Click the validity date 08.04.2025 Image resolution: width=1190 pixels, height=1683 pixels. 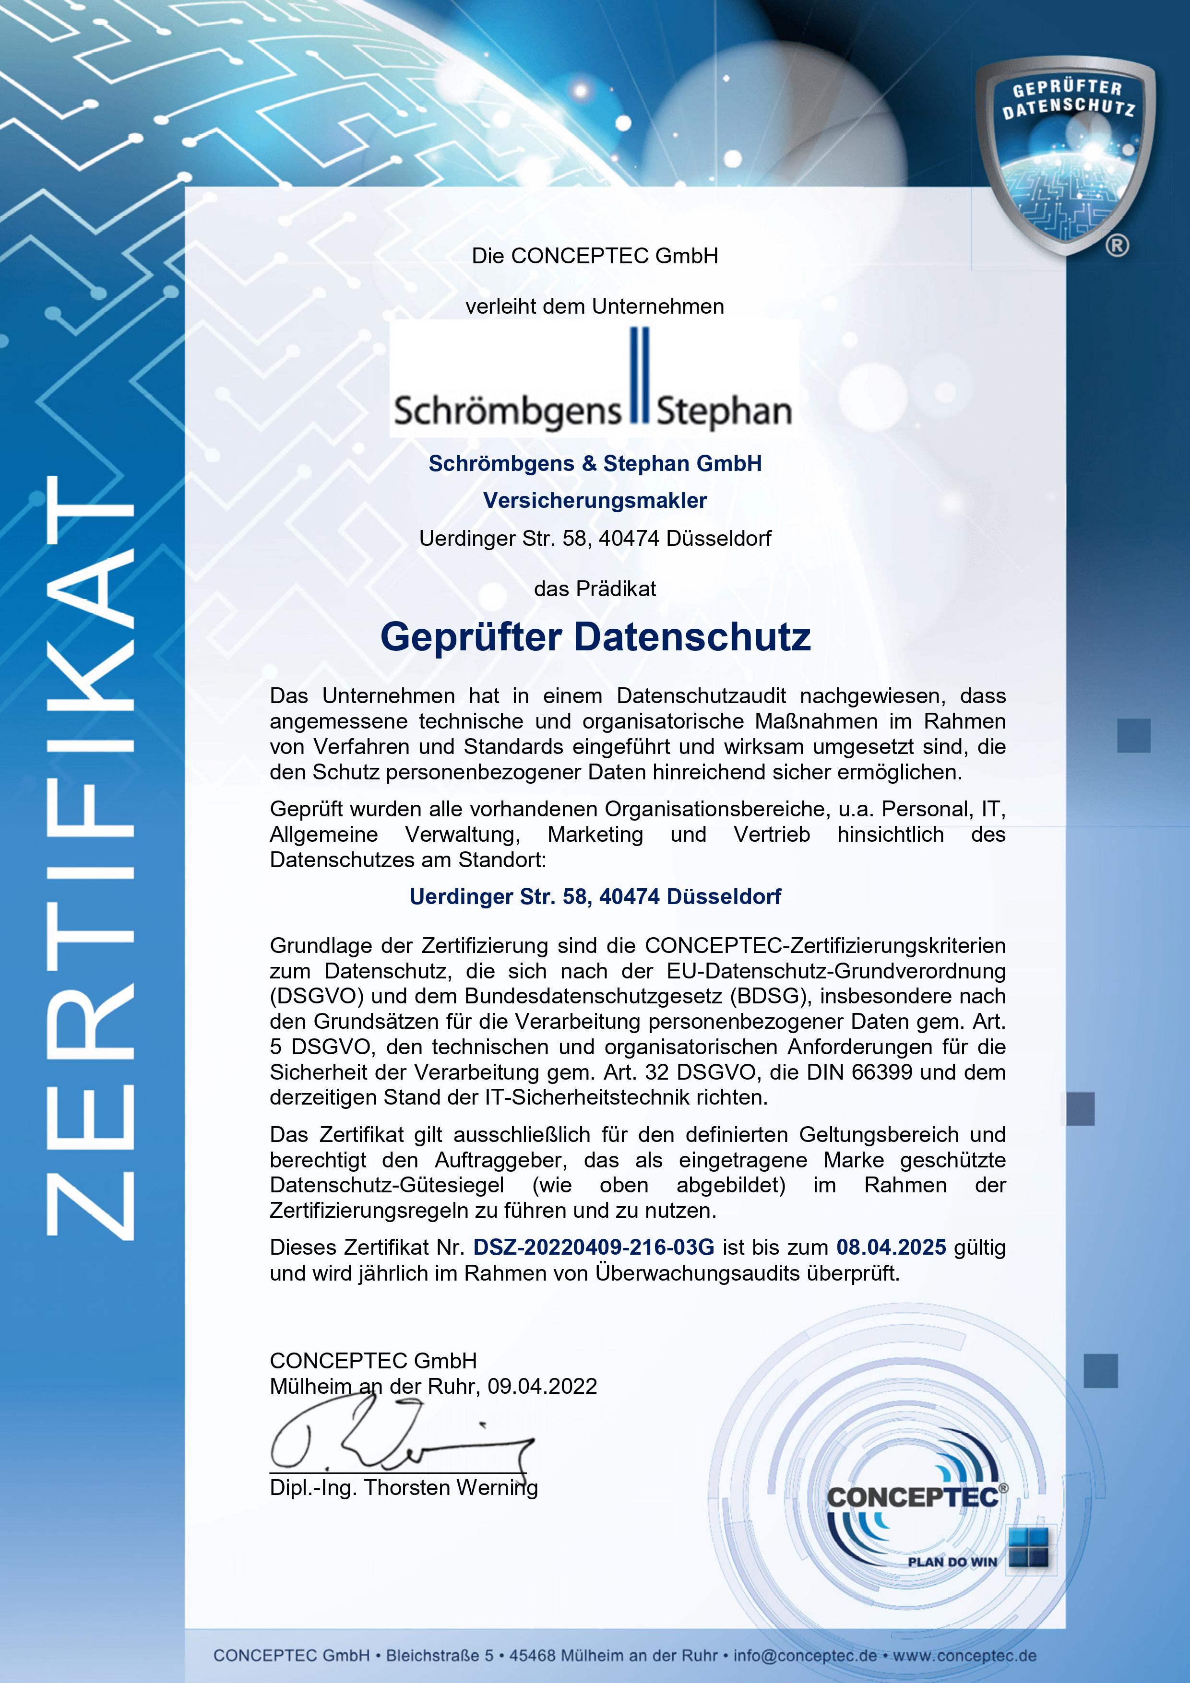(891, 1247)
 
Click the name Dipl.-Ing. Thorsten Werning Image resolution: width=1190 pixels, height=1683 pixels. (403, 1487)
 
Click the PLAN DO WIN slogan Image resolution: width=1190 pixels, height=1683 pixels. (952, 1561)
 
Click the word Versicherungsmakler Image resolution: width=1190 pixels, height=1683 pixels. (595, 501)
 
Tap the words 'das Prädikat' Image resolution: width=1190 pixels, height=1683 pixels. (595, 588)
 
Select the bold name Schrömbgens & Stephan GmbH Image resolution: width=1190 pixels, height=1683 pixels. (595, 463)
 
